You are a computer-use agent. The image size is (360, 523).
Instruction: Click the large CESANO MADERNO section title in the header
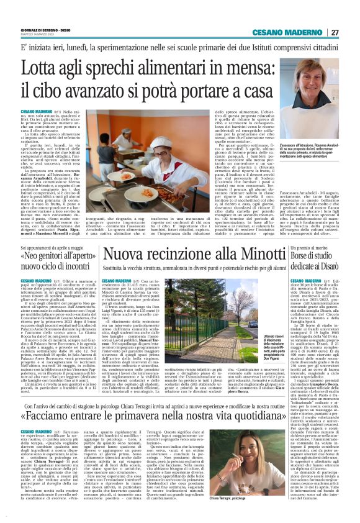[287, 32]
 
